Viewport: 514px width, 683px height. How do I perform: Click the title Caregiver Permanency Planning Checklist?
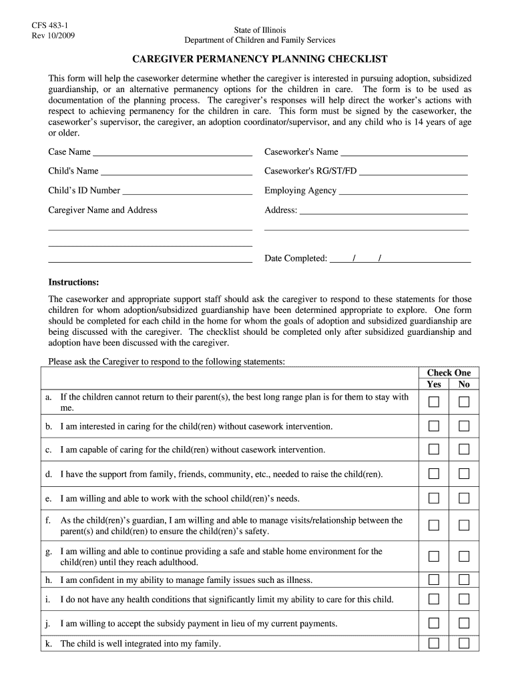click(260, 59)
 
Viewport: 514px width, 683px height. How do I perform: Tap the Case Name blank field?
click(172, 152)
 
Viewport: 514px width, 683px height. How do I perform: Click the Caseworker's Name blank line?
click(404, 152)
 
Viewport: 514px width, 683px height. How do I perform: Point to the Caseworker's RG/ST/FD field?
click(413, 171)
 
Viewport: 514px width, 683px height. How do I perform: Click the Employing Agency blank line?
click(403, 191)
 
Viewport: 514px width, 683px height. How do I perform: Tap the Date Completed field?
click(401, 258)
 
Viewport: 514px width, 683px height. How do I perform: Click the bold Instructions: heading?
click(73, 281)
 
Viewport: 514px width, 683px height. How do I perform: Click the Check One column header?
click(449, 373)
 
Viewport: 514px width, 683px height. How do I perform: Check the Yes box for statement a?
click(434, 402)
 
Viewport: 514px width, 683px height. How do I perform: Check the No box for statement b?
click(464, 426)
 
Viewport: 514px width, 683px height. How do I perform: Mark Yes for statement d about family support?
click(434, 474)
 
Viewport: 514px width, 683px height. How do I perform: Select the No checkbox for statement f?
click(464, 526)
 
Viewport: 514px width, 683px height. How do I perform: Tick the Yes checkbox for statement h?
click(434, 579)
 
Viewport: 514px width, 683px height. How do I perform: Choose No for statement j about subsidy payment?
click(464, 623)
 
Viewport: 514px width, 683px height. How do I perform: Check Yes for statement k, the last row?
click(434, 644)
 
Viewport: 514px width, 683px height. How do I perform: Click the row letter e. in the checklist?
click(49, 498)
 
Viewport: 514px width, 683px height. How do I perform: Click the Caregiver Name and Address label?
click(103, 210)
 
